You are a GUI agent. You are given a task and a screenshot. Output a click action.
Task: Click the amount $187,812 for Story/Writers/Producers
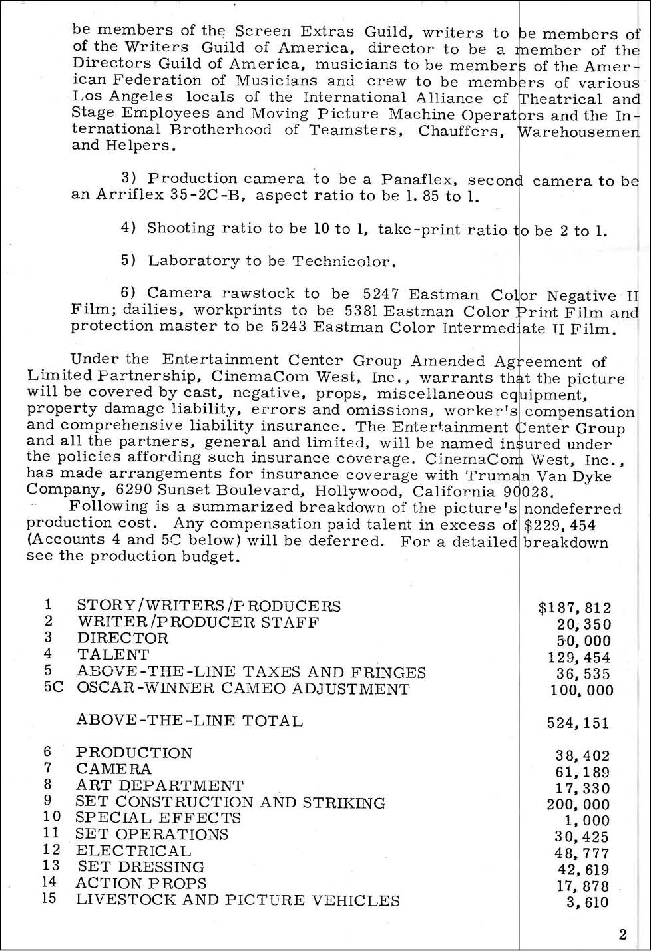(574, 608)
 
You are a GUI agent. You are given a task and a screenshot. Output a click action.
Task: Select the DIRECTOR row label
(122, 638)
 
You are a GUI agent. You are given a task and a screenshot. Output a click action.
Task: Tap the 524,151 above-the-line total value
(578, 723)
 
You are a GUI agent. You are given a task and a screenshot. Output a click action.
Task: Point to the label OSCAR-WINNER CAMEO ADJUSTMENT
(243, 689)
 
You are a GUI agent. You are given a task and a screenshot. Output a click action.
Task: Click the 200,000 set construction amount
(578, 805)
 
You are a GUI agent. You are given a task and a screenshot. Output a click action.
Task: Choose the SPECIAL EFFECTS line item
(158, 818)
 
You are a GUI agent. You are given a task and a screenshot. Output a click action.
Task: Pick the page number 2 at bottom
(622, 935)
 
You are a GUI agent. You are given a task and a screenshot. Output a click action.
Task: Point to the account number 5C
(54, 688)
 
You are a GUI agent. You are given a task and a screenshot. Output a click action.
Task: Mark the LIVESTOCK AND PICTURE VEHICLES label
(238, 900)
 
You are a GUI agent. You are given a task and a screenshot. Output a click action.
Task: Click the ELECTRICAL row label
(133, 851)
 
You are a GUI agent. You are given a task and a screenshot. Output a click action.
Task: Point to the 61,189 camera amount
(582, 772)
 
